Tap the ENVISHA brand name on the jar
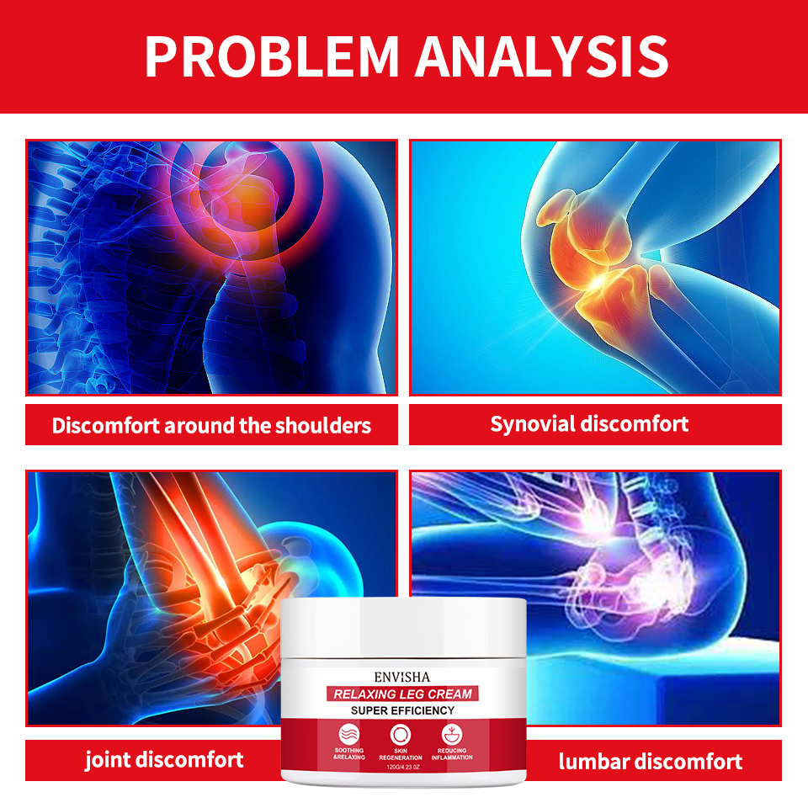click(x=402, y=676)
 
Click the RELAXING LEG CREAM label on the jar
click(x=402, y=694)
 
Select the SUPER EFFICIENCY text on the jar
click(x=402, y=711)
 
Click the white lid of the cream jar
click(x=402, y=627)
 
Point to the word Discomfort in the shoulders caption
click(x=105, y=425)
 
